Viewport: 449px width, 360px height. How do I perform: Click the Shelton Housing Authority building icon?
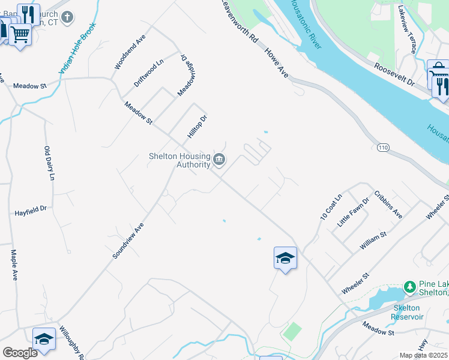point(219,160)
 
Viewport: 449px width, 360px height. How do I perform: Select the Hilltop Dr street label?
point(197,127)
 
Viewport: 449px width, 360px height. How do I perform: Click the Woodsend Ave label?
point(127,53)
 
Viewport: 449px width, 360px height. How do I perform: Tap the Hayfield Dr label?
point(31,211)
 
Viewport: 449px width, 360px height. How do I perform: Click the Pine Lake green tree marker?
point(410,287)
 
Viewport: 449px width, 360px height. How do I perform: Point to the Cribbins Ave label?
point(388,205)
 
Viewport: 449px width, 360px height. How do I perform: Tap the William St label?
point(373,238)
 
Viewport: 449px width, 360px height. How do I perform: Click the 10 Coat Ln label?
point(331,206)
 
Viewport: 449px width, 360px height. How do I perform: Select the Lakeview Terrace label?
point(407,29)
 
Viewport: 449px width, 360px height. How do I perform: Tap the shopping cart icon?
point(20,35)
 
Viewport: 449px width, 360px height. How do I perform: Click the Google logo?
point(20,353)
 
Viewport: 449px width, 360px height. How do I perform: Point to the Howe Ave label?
point(276,63)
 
